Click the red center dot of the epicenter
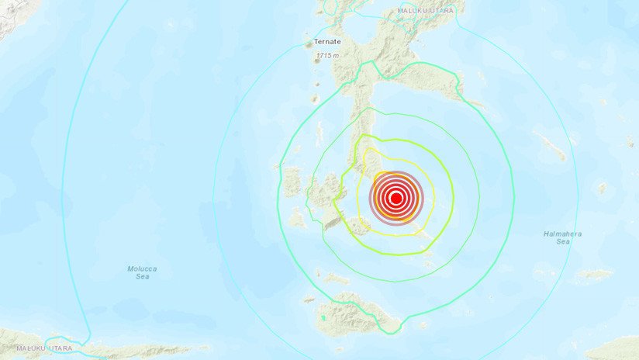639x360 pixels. point(395,198)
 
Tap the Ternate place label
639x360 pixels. point(326,43)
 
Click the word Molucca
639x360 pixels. point(142,268)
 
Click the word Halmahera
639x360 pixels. point(563,234)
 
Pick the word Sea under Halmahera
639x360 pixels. point(563,242)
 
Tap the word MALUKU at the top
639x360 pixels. point(416,10)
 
